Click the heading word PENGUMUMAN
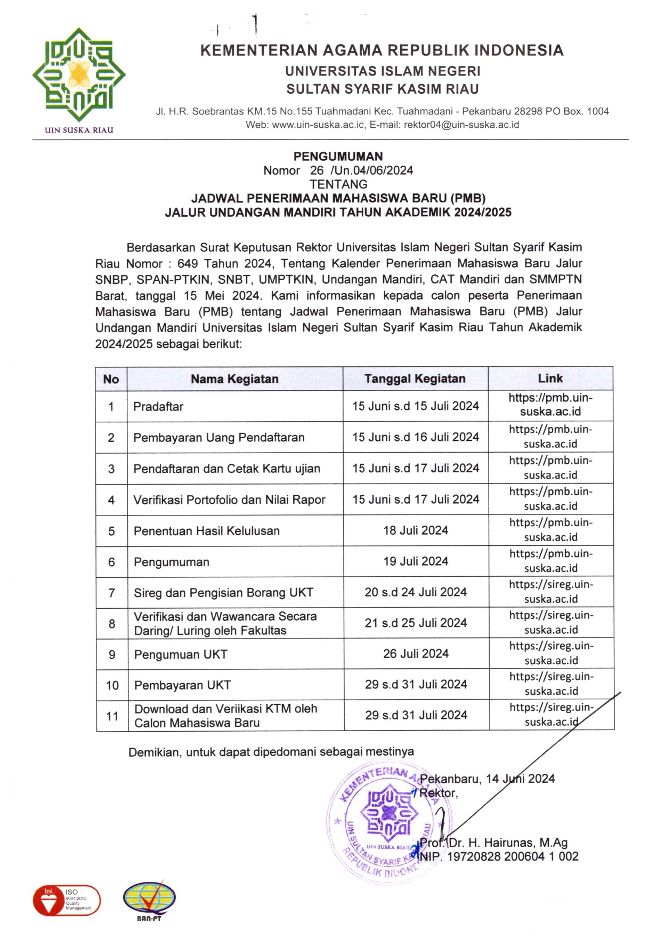[338, 157]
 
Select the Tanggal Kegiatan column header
[415, 379]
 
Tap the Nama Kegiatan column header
[234, 379]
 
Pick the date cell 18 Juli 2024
[416, 530]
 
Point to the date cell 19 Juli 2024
[416, 561]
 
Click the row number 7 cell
[112, 593]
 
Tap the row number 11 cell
[112, 716]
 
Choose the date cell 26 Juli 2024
[416, 654]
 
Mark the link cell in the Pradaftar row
[550, 405]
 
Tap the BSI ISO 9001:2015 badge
[67, 900]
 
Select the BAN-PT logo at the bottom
[149, 900]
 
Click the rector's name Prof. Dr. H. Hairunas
[493, 843]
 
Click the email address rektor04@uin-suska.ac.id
[461, 125]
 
